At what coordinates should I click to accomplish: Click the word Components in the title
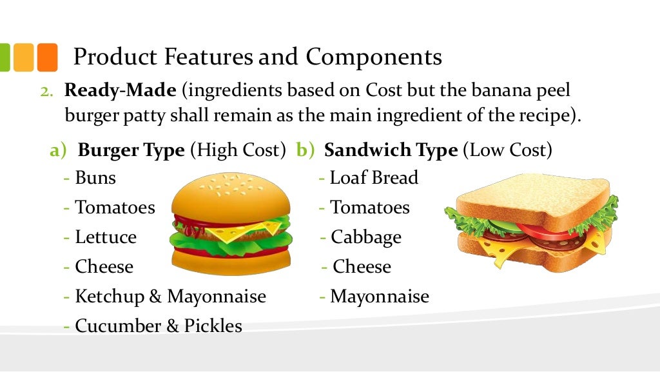click(374, 57)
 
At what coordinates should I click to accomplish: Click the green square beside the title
click(4, 57)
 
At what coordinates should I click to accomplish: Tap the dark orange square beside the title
click(47, 57)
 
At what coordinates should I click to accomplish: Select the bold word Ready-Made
click(120, 90)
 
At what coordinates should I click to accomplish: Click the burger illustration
click(230, 223)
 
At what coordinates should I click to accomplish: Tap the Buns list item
click(95, 177)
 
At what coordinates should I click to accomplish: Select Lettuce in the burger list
click(106, 237)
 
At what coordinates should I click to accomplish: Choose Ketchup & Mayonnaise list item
click(170, 297)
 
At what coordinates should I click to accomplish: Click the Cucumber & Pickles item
click(159, 326)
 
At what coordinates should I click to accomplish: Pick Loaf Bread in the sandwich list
click(374, 177)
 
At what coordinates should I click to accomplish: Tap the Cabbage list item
click(366, 237)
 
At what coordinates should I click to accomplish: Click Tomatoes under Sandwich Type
click(370, 208)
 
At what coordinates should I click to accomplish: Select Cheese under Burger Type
click(104, 267)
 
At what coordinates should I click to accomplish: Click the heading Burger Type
click(131, 150)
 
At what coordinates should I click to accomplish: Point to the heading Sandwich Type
click(391, 150)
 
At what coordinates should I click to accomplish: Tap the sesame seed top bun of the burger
click(230, 193)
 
